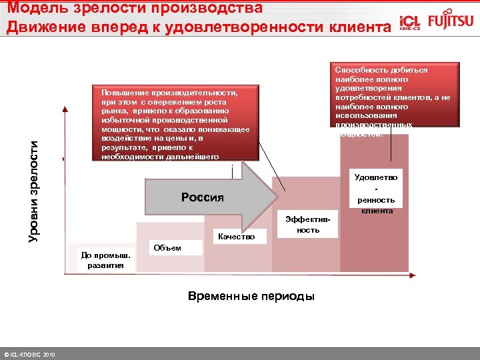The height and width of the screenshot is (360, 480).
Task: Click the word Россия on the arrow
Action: coord(203,197)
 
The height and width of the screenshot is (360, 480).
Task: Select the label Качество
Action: coord(236,236)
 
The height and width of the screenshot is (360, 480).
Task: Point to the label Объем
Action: coord(167,248)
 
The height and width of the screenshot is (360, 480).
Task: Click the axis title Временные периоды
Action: coord(251,296)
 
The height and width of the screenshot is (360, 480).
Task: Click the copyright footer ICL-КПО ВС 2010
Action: coord(30,353)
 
